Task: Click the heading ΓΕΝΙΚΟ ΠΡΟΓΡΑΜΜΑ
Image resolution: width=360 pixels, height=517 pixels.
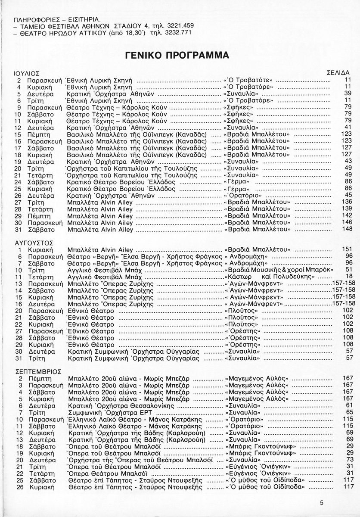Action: (x=177, y=56)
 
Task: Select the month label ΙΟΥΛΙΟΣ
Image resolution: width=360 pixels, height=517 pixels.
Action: (x=27, y=73)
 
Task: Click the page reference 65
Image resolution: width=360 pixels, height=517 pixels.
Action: (x=349, y=412)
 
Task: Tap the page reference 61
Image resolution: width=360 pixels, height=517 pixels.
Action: (x=349, y=405)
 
